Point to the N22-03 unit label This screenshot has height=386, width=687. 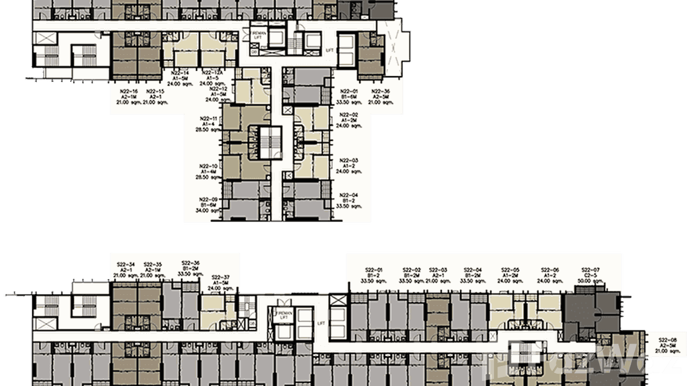click(348, 160)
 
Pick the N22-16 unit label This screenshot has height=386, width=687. click(128, 91)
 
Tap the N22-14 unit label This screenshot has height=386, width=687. click(181, 73)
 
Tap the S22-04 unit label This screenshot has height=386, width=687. click(473, 270)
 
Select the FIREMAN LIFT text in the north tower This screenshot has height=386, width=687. click(257, 34)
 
